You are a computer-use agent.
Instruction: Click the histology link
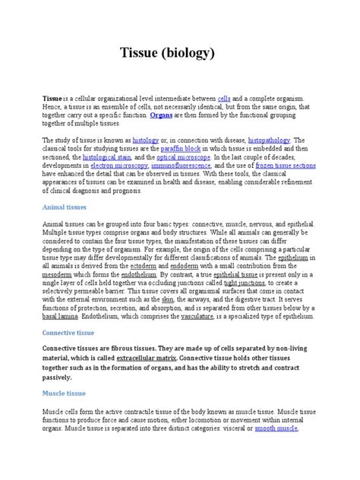pos(146,141)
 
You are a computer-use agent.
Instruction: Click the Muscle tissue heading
pos(64,393)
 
